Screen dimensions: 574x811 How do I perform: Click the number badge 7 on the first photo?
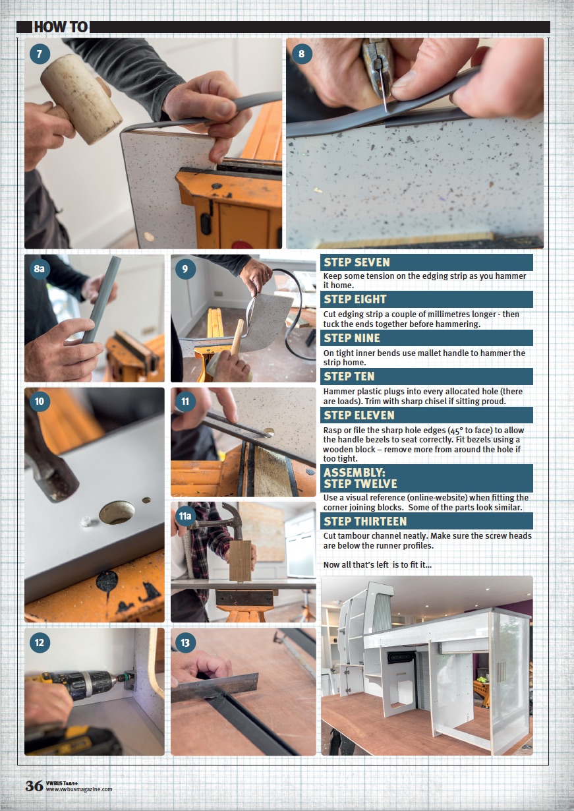(40, 54)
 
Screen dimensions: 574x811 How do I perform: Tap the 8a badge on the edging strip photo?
(40, 268)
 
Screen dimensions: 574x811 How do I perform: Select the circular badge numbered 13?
(185, 643)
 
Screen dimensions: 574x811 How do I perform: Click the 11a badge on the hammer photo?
(185, 516)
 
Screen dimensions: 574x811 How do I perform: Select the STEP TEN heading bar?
(426, 376)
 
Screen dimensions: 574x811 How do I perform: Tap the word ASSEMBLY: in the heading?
(354, 473)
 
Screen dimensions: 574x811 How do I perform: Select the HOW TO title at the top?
(61, 27)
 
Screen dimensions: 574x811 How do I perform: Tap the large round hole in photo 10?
(117, 512)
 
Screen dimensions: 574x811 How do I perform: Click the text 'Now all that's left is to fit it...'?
(378, 564)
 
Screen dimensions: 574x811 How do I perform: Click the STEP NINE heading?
(352, 338)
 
